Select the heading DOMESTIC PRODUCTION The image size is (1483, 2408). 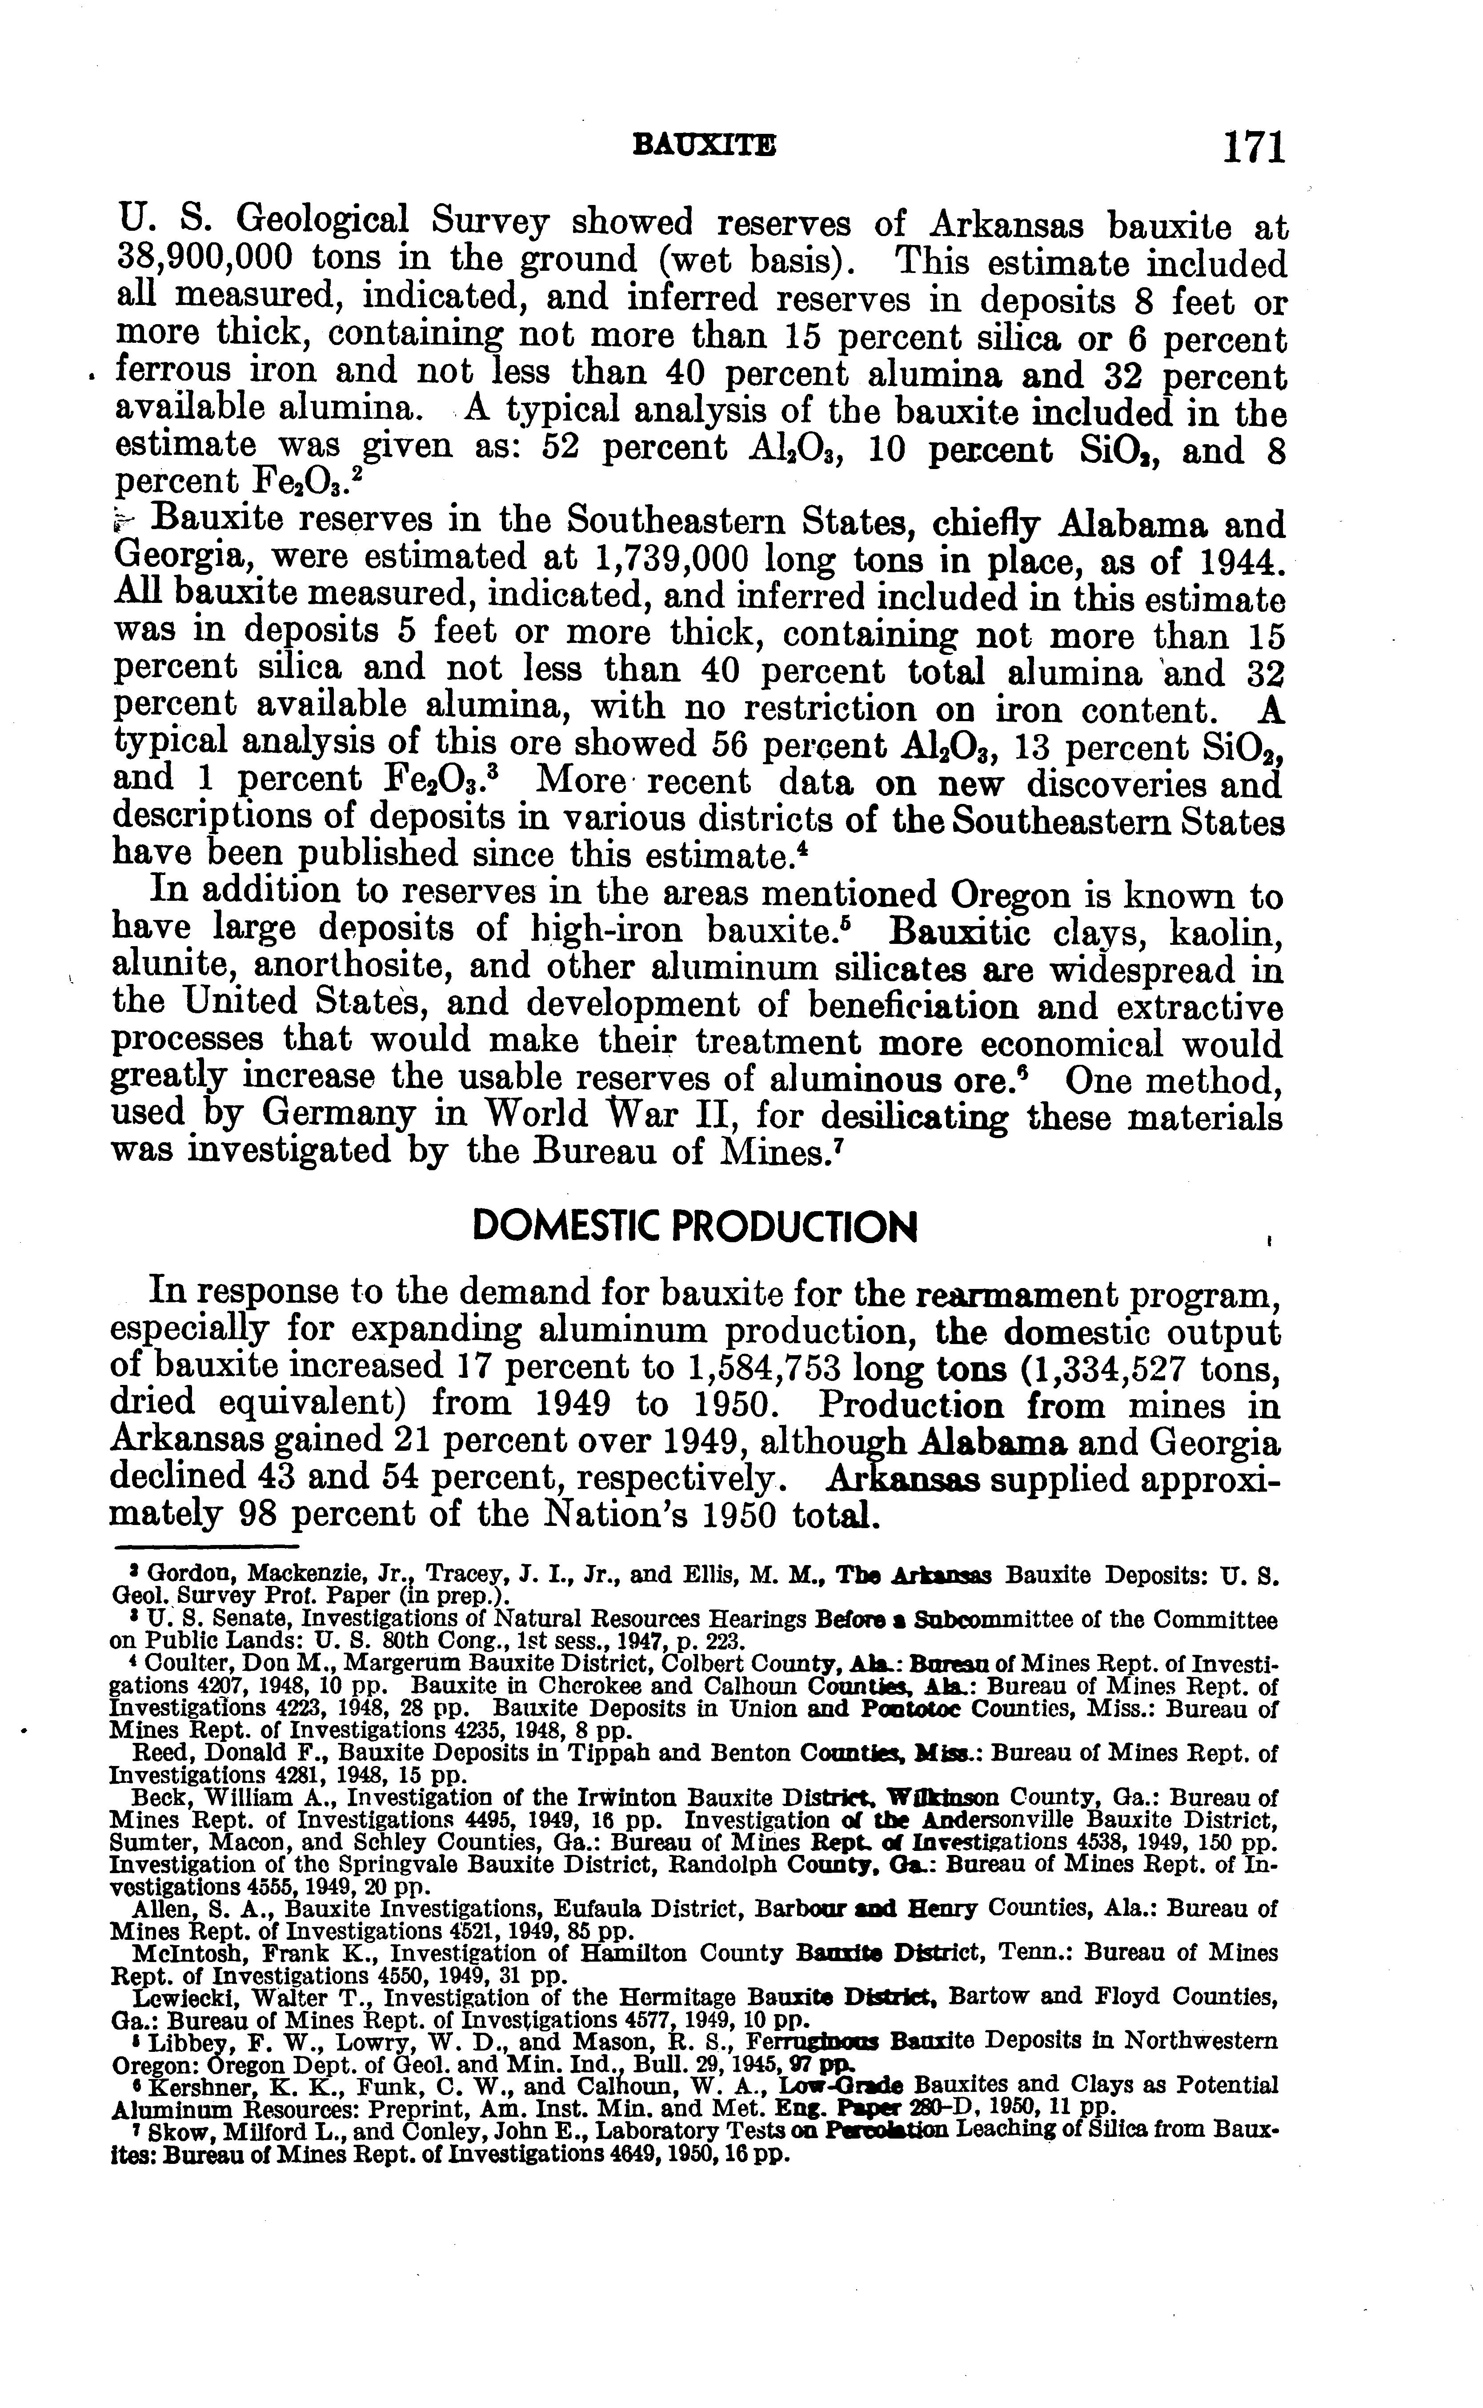pyautogui.click(x=694, y=1226)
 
